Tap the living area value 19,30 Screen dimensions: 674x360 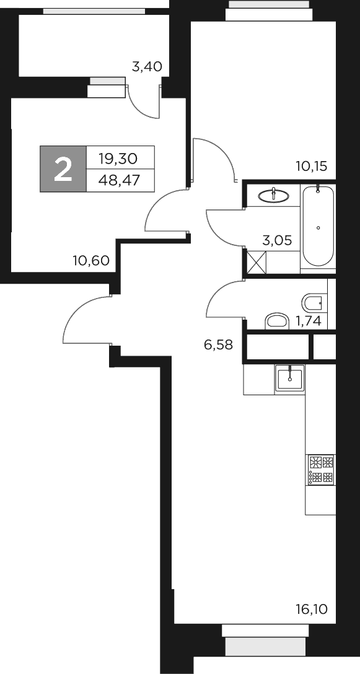pyautogui.click(x=118, y=159)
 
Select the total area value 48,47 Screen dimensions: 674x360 pyautogui.click(x=118, y=180)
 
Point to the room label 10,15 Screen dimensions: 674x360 pyautogui.click(x=311, y=165)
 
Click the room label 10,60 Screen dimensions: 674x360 pyautogui.click(x=90, y=261)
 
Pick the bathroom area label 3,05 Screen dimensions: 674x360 pyautogui.click(x=277, y=240)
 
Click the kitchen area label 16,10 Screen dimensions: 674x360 pyautogui.click(x=311, y=610)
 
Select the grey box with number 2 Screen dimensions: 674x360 pyautogui.click(x=63, y=169)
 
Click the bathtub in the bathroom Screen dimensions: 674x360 pyautogui.click(x=318, y=227)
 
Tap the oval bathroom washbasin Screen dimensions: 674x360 pyautogui.click(x=273, y=196)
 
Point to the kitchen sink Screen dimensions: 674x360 pyautogui.click(x=290, y=377)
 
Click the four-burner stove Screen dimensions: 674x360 pyautogui.click(x=321, y=470)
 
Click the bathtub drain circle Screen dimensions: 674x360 pyautogui.click(x=318, y=228)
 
